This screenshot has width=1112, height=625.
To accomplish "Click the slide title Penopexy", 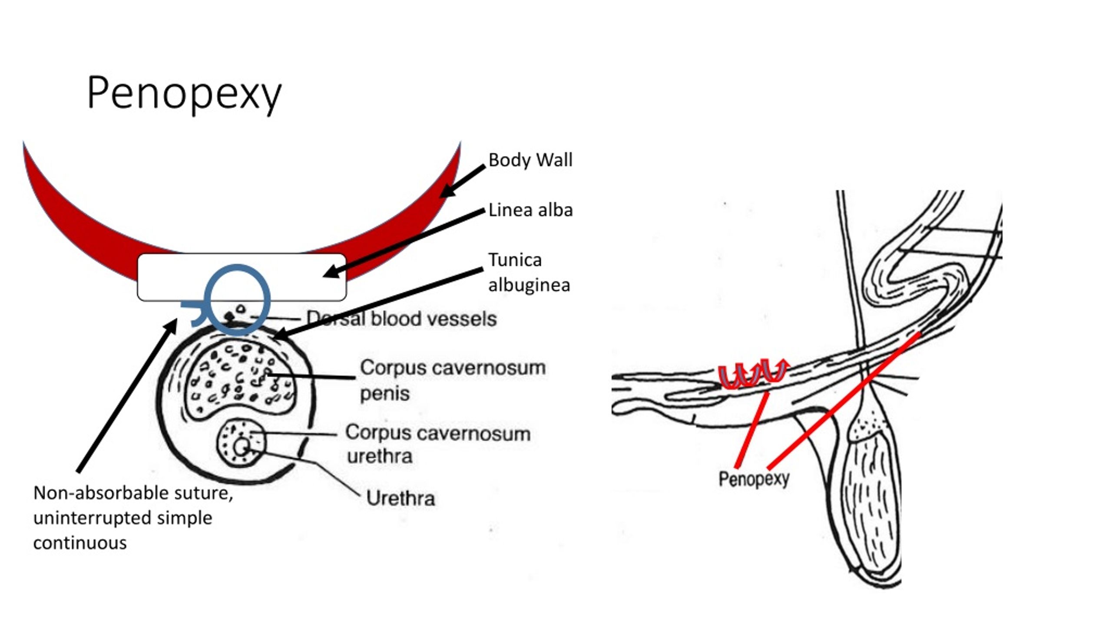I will pyautogui.click(x=184, y=93).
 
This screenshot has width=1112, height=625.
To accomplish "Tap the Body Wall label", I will pyautogui.click(x=530, y=160).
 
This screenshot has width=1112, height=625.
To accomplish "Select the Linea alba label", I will pyautogui.click(x=530, y=211).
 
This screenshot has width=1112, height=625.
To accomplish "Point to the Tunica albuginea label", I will pyautogui.click(x=529, y=273).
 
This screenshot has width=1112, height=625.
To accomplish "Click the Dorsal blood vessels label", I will pyautogui.click(x=401, y=319).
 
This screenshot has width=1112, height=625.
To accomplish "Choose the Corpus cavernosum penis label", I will pyautogui.click(x=452, y=380).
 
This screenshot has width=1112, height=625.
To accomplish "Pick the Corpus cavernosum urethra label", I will pyautogui.click(x=437, y=444).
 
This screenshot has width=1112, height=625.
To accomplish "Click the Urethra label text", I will pyautogui.click(x=400, y=498).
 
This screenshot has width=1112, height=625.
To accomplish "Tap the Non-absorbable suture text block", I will pyautogui.click(x=133, y=518).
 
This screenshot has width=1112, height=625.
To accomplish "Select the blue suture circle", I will pyautogui.click(x=237, y=269).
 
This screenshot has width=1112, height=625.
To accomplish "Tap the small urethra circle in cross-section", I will pyautogui.click(x=242, y=447).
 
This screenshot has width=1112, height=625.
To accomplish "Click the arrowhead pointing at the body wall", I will pyautogui.click(x=447, y=191).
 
